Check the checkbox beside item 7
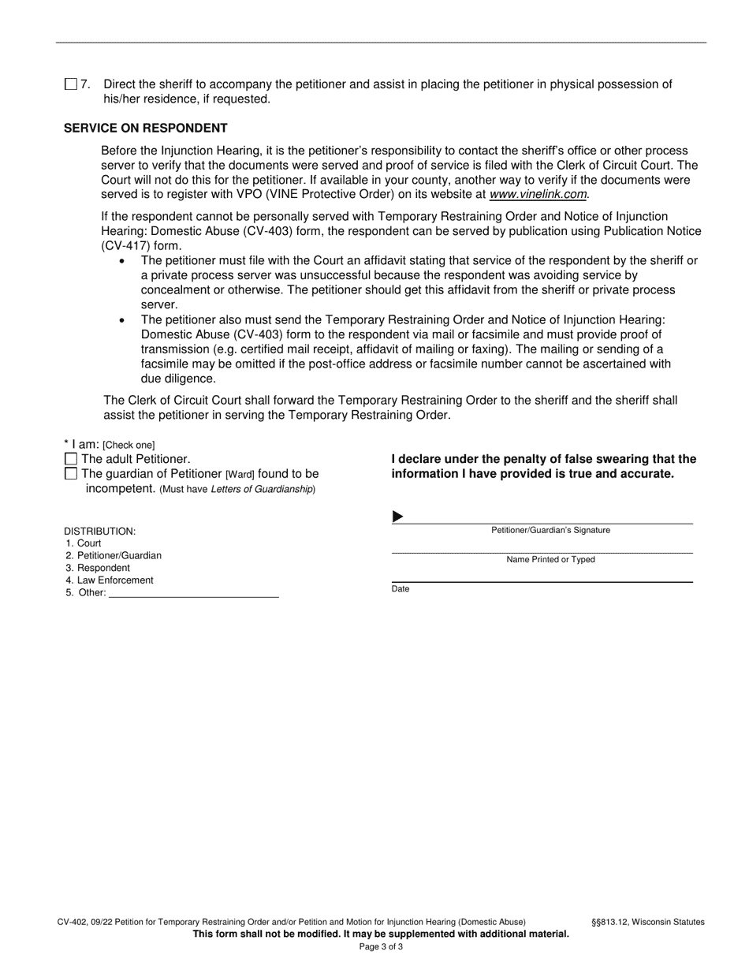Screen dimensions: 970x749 pos(71,84)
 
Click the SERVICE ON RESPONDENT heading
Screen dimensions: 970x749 pos(146,128)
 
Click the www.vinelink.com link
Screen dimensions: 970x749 pos(538,195)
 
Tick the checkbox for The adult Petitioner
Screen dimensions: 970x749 pos(71,459)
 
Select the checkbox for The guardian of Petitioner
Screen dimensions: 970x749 pos(71,474)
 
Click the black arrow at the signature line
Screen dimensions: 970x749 pos(398,517)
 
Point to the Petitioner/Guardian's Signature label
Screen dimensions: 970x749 pos(550,531)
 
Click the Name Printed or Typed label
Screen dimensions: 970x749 pos(550,560)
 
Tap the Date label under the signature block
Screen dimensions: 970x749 pos(401,589)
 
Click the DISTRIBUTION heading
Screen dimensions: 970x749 pos(99,532)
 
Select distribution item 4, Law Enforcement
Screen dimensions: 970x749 pos(115,580)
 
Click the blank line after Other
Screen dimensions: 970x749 pos(193,593)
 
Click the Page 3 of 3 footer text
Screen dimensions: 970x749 pos(381,946)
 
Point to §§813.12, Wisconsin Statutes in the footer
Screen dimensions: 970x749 pos(648,922)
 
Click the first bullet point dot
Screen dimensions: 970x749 pos(121,260)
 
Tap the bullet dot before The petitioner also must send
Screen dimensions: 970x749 pos(121,320)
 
